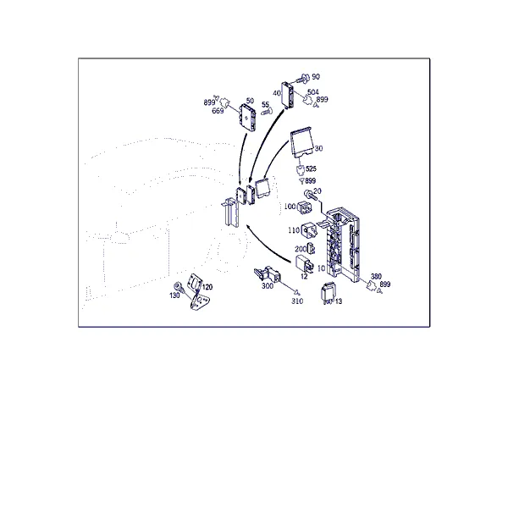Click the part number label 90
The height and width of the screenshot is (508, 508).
click(x=316, y=77)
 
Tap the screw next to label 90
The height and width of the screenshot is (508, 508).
click(x=302, y=78)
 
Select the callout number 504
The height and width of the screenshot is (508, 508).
click(x=313, y=92)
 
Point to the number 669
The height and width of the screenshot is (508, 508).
click(x=218, y=111)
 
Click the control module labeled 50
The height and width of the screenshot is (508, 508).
click(x=247, y=118)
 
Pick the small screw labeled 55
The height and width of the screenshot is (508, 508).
click(x=267, y=112)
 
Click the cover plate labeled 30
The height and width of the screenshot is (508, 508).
click(x=302, y=142)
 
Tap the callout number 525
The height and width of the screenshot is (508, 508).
click(x=311, y=168)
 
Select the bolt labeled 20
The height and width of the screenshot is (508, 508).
click(x=308, y=195)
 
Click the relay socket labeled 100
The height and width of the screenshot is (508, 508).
click(x=304, y=207)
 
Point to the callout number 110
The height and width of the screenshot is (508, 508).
click(x=294, y=230)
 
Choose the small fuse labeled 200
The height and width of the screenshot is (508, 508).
click(x=311, y=248)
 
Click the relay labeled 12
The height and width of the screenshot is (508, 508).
click(x=304, y=264)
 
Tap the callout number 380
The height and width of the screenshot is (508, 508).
click(x=376, y=276)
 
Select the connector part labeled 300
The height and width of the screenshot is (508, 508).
click(x=268, y=274)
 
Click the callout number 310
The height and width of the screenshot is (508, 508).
click(x=297, y=301)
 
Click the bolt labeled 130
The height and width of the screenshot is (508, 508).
click(x=179, y=286)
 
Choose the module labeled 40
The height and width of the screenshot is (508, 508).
click(x=289, y=95)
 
